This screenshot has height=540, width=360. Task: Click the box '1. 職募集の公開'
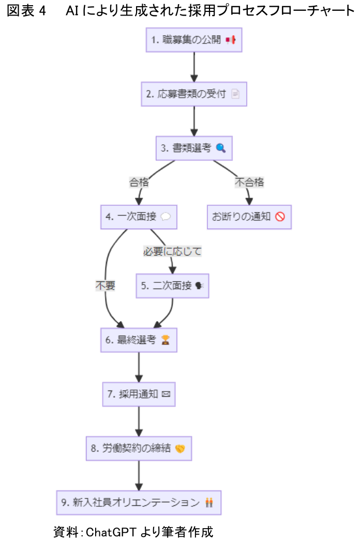tap(194, 40)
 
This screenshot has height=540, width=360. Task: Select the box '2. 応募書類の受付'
tap(194, 94)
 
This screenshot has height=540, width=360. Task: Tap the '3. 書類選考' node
tap(194, 148)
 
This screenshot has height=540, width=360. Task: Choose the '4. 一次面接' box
tap(139, 217)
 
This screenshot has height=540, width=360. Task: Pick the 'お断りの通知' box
tap(249, 217)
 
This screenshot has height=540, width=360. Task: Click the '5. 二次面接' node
tap(173, 286)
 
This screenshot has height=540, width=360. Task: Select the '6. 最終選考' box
tap(139, 340)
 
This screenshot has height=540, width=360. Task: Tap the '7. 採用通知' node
tap(139, 394)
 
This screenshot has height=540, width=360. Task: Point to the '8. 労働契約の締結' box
tap(139, 448)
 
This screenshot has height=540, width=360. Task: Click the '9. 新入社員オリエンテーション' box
tap(139, 502)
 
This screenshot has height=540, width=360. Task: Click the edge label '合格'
tap(138, 182)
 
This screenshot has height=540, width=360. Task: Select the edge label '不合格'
tap(249, 182)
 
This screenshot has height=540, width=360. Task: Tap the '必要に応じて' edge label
tap(172, 251)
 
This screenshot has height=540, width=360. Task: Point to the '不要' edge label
tap(105, 286)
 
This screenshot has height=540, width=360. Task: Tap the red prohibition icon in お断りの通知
tap(280, 217)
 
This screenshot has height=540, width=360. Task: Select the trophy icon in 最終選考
tap(166, 340)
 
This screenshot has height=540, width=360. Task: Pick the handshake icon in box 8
tap(180, 448)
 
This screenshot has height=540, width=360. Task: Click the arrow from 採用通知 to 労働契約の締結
tap(139, 421)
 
